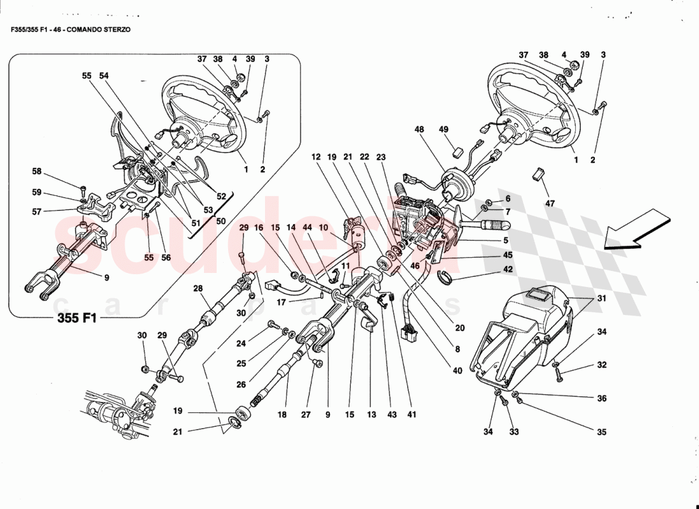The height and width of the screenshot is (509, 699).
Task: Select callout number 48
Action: click(419, 130)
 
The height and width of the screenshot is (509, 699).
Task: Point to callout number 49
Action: click(444, 130)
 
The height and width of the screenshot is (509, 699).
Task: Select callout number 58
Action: click(37, 171)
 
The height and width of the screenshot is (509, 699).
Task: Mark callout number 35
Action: click(601, 432)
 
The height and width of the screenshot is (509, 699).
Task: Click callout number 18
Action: click(282, 414)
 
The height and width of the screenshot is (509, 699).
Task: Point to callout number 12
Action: click(316, 157)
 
